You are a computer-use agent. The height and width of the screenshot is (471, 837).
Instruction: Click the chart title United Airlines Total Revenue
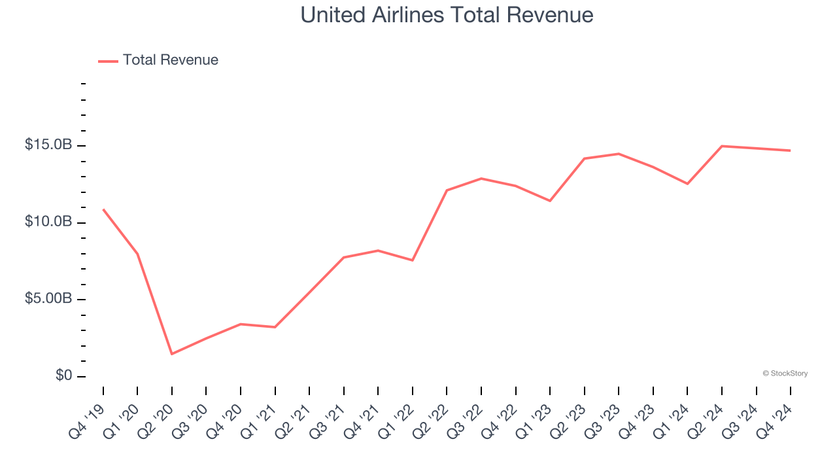coord(447,15)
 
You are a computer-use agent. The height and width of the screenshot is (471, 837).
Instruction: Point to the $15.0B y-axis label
coord(48,145)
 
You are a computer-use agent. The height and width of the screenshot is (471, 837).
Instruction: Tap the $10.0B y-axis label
coord(48,222)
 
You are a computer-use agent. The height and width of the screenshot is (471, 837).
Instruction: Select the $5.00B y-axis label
coord(48,299)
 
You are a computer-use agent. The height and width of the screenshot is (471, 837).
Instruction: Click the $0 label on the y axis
coord(63,375)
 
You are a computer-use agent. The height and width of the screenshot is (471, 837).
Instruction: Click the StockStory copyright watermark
coord(785,374)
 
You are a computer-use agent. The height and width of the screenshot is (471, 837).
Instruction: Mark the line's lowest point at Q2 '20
coord(172,354)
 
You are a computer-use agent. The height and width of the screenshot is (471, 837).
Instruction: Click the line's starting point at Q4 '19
coord(103,209)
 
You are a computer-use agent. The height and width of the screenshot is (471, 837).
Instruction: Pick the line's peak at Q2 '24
coord(722,146)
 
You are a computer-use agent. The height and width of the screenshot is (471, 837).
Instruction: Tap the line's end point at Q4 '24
coord(790,150)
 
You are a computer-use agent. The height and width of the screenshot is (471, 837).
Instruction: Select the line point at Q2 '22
coord(447,190)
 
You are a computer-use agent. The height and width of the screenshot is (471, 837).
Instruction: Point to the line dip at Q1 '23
coord(550,201)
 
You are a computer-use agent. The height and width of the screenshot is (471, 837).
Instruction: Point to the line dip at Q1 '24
coord(687,184)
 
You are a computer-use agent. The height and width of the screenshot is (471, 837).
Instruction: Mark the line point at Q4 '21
coord(378,251)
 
